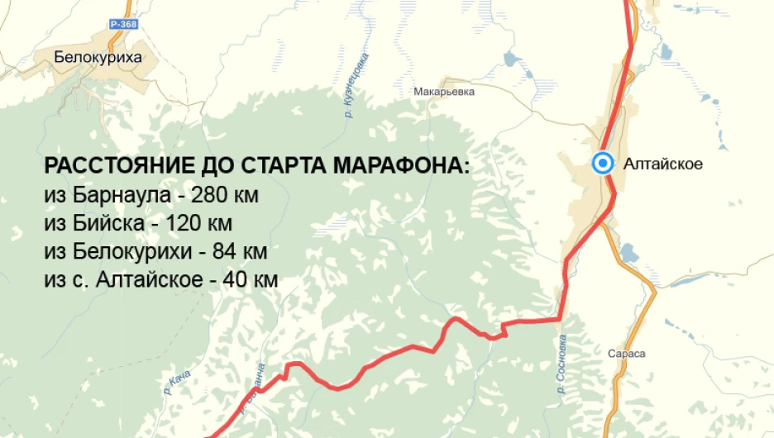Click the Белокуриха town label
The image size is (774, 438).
coord(98,57)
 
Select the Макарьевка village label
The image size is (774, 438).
coord(444,92)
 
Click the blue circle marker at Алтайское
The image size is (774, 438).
coord(603,163)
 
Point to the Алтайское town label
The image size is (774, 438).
coord(664,164)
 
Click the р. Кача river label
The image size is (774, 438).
coord(177,383)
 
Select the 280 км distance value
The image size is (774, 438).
coord(225,196)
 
